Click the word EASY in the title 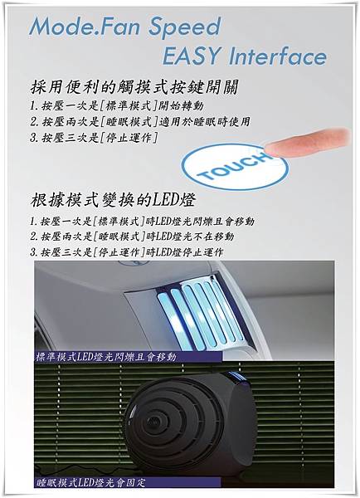[192, 56]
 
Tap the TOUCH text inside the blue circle [235, 167]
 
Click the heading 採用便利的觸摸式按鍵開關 [134, 87]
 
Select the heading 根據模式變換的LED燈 [113, 201]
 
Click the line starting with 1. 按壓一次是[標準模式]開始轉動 [116, 105]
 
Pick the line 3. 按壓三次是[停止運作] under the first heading [94, 138]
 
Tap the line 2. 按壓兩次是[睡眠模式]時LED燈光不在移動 [132, 237]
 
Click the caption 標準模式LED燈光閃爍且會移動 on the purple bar [106, 357]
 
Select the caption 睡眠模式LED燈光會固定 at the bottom [90, 483]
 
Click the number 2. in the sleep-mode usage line [35, 122]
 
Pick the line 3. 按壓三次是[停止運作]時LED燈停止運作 [126, 252]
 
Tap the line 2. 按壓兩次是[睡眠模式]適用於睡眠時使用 [139, 122]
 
